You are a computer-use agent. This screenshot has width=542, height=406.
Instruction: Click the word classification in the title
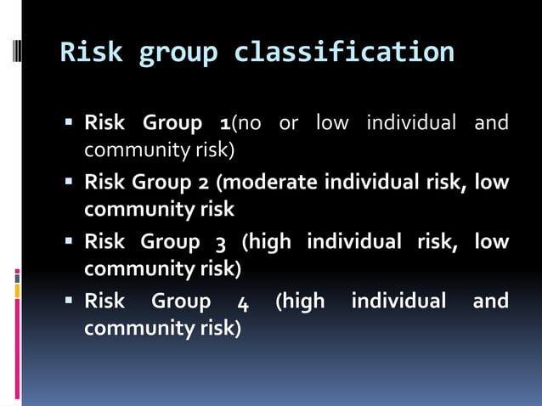pos(344,53)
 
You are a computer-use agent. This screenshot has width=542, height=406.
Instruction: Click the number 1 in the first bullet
pos(224,124)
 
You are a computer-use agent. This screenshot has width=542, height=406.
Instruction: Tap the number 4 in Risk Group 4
pos(244,302)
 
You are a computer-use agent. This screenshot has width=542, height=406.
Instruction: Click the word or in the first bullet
pos(289,124)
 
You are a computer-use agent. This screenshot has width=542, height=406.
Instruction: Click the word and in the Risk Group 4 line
pos(490,301)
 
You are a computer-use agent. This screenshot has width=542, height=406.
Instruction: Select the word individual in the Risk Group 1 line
pos(412,123)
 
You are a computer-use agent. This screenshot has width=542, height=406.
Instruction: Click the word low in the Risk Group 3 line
pos(492,242)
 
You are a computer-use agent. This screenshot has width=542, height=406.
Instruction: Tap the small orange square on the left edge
pos(16,291)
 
